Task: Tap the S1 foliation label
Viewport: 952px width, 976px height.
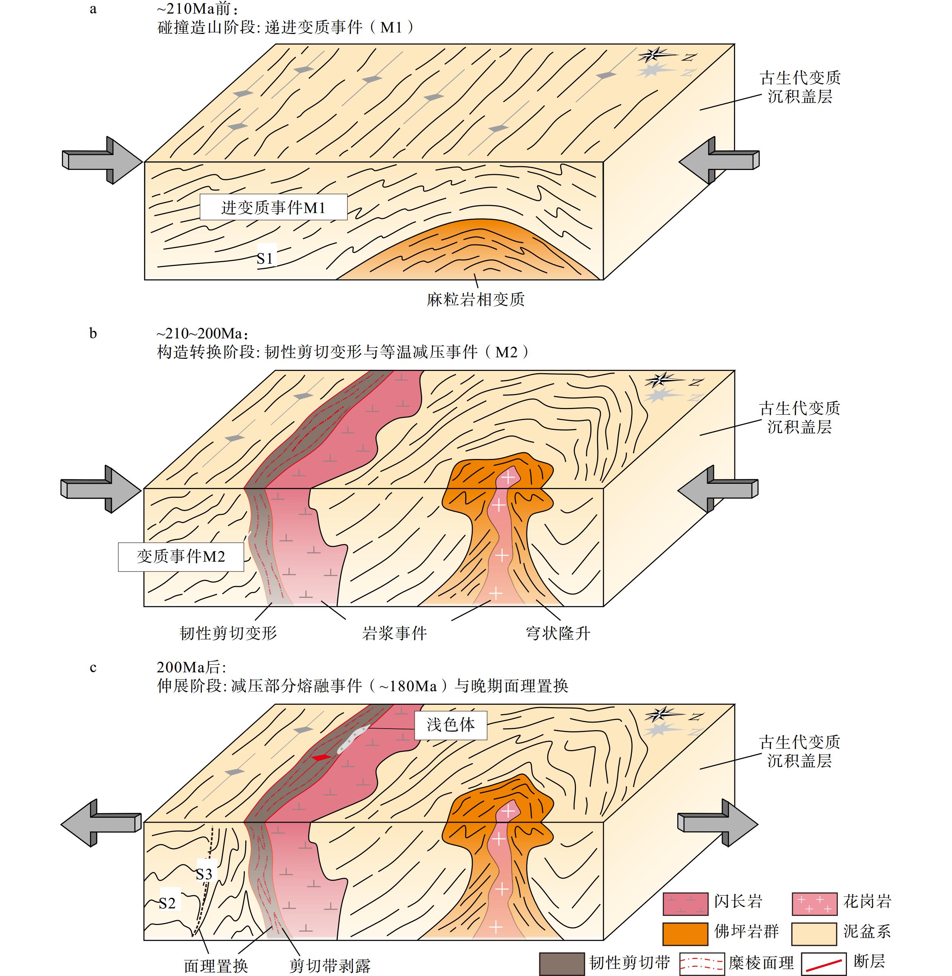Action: (265, 258)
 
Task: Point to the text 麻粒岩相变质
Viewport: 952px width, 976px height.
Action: (475, 300)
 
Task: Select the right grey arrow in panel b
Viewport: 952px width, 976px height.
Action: (718, 489)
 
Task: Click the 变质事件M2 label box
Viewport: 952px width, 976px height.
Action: (181, 556)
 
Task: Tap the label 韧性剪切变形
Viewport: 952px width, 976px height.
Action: (228, 633)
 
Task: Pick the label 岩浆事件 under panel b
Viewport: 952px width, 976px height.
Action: (394, 633)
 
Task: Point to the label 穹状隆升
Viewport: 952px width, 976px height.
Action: (557, 633)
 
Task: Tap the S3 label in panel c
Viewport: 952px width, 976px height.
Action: (204, 874)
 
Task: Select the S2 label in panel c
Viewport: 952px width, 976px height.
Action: (167, 903)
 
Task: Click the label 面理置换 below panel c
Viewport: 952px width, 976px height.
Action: (216, 965)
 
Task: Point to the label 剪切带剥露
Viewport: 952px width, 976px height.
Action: (330, 965)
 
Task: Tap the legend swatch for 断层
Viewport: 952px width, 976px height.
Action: (824, 964)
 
